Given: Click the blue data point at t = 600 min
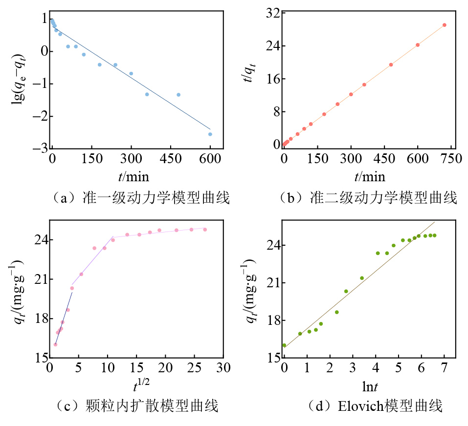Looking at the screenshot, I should click(210, 134).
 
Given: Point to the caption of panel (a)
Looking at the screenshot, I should click(139, 198).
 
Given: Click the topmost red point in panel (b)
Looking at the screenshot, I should click(445, 25).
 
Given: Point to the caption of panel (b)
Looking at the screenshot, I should click(368, 198).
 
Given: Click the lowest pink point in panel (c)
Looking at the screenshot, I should click(55, 344).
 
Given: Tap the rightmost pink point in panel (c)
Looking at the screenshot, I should click(205, 230).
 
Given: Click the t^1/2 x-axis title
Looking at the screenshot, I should click(142, 386).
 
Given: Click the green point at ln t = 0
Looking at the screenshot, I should click(284, 345).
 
